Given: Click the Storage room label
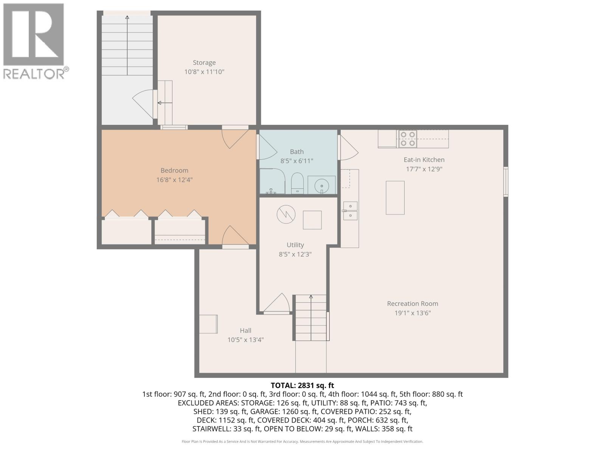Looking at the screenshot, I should [204, 63].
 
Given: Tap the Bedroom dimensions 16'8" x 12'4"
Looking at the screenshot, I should [174, 180].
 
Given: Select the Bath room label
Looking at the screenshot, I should [297, 152].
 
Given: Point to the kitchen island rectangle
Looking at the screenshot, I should [395, 197].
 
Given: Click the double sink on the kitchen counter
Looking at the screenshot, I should [351, 211].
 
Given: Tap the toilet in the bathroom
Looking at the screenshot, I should [297, 183].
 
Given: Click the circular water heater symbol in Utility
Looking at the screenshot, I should [286, 215].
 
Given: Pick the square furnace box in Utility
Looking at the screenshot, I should [312, 220].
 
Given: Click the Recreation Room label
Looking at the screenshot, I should [413, 303].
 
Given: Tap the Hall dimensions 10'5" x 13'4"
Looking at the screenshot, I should [245, 340].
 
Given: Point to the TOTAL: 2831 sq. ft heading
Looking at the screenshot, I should [302, 386].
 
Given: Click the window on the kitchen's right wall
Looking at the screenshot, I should [506, 182].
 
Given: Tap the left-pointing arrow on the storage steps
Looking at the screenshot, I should [164, 103].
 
